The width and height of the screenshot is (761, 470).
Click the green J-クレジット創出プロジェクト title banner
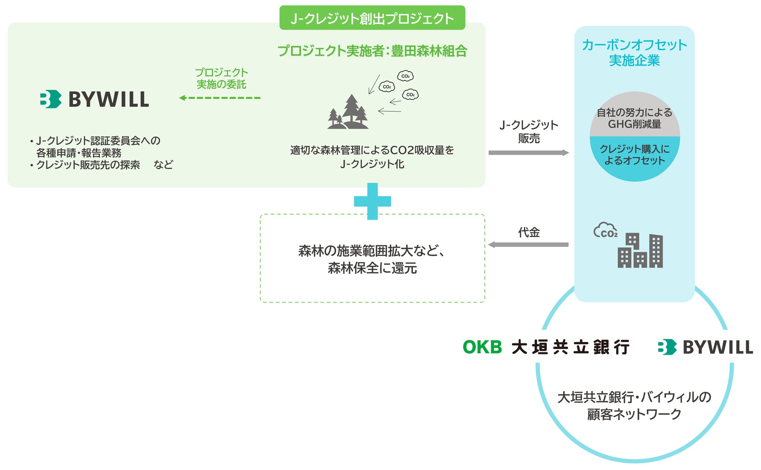pyautogui.click(x=372, y=18)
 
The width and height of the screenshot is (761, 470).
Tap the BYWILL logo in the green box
pyautogui.click(x=94, y=99)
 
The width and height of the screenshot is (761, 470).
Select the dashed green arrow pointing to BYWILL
pyautogui.click(x=220, y=98)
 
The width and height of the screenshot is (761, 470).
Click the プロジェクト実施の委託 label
pyautogui.click(x=221, y=78)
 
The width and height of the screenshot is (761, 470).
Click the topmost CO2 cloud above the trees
pyautogui.click(x=405, y=76)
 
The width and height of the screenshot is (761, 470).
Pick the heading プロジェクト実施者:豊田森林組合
pyautogui.click(x=372, y=51)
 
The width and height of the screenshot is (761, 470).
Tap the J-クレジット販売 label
pyautogui.click(x=528, y=131)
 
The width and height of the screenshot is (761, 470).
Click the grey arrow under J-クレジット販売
pyautogui.click(x=528, y=153)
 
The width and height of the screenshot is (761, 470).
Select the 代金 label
pyautogui.click(x=529, y=232)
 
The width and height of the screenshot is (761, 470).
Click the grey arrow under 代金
pyautogui.click(x=528, y=245)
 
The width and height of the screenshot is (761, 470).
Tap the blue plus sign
pyautogui.click(x=372, y=201)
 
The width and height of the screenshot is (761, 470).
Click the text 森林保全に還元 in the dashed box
pyautogui.click(x=372, y=268)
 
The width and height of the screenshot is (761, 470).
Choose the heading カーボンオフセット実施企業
pyautogui.click(x=634, y=52)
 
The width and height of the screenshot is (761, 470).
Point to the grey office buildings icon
pyautogui.click(x=640, y=251)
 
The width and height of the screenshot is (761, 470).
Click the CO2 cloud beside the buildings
pyautogui.click(x=605, y=231)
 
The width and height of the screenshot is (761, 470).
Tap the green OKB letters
pyautogui.click(x=482, y=347)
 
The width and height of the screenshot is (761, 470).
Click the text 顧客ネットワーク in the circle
pyautogui.click(x=634, y=414)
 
